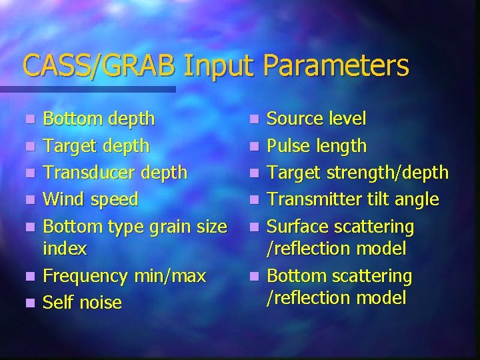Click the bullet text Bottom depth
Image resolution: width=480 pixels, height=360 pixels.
tap(99, 119)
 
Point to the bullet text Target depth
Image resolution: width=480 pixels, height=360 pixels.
tap(96, 146)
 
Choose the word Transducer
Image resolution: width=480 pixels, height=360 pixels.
tap(88, 173)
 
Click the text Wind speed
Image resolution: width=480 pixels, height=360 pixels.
tap(91, 199)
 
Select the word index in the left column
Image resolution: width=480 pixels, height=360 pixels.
tap(65, 249)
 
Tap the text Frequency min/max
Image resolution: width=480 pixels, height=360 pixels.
tap(124, 275)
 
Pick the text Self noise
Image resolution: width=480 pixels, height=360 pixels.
tap(82, 303)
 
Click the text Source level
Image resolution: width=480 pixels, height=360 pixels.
tap(316, 119)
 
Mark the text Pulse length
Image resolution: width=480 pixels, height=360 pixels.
tap(316, 146)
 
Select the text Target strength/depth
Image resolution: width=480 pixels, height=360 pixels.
tap(357, 173)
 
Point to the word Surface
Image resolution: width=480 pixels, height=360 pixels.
tap(295, 227)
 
